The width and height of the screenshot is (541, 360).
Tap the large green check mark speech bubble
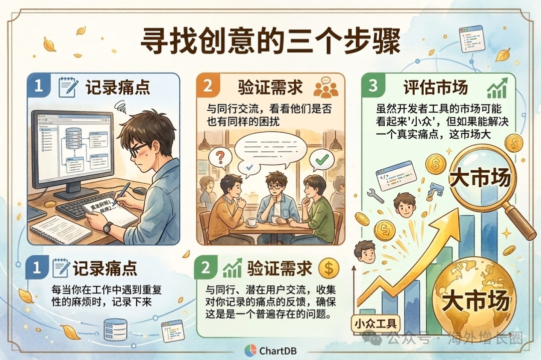coord(321,160)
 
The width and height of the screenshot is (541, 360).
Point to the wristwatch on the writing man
coord(107,228)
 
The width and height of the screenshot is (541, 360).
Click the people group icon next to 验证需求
coord(326,88)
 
